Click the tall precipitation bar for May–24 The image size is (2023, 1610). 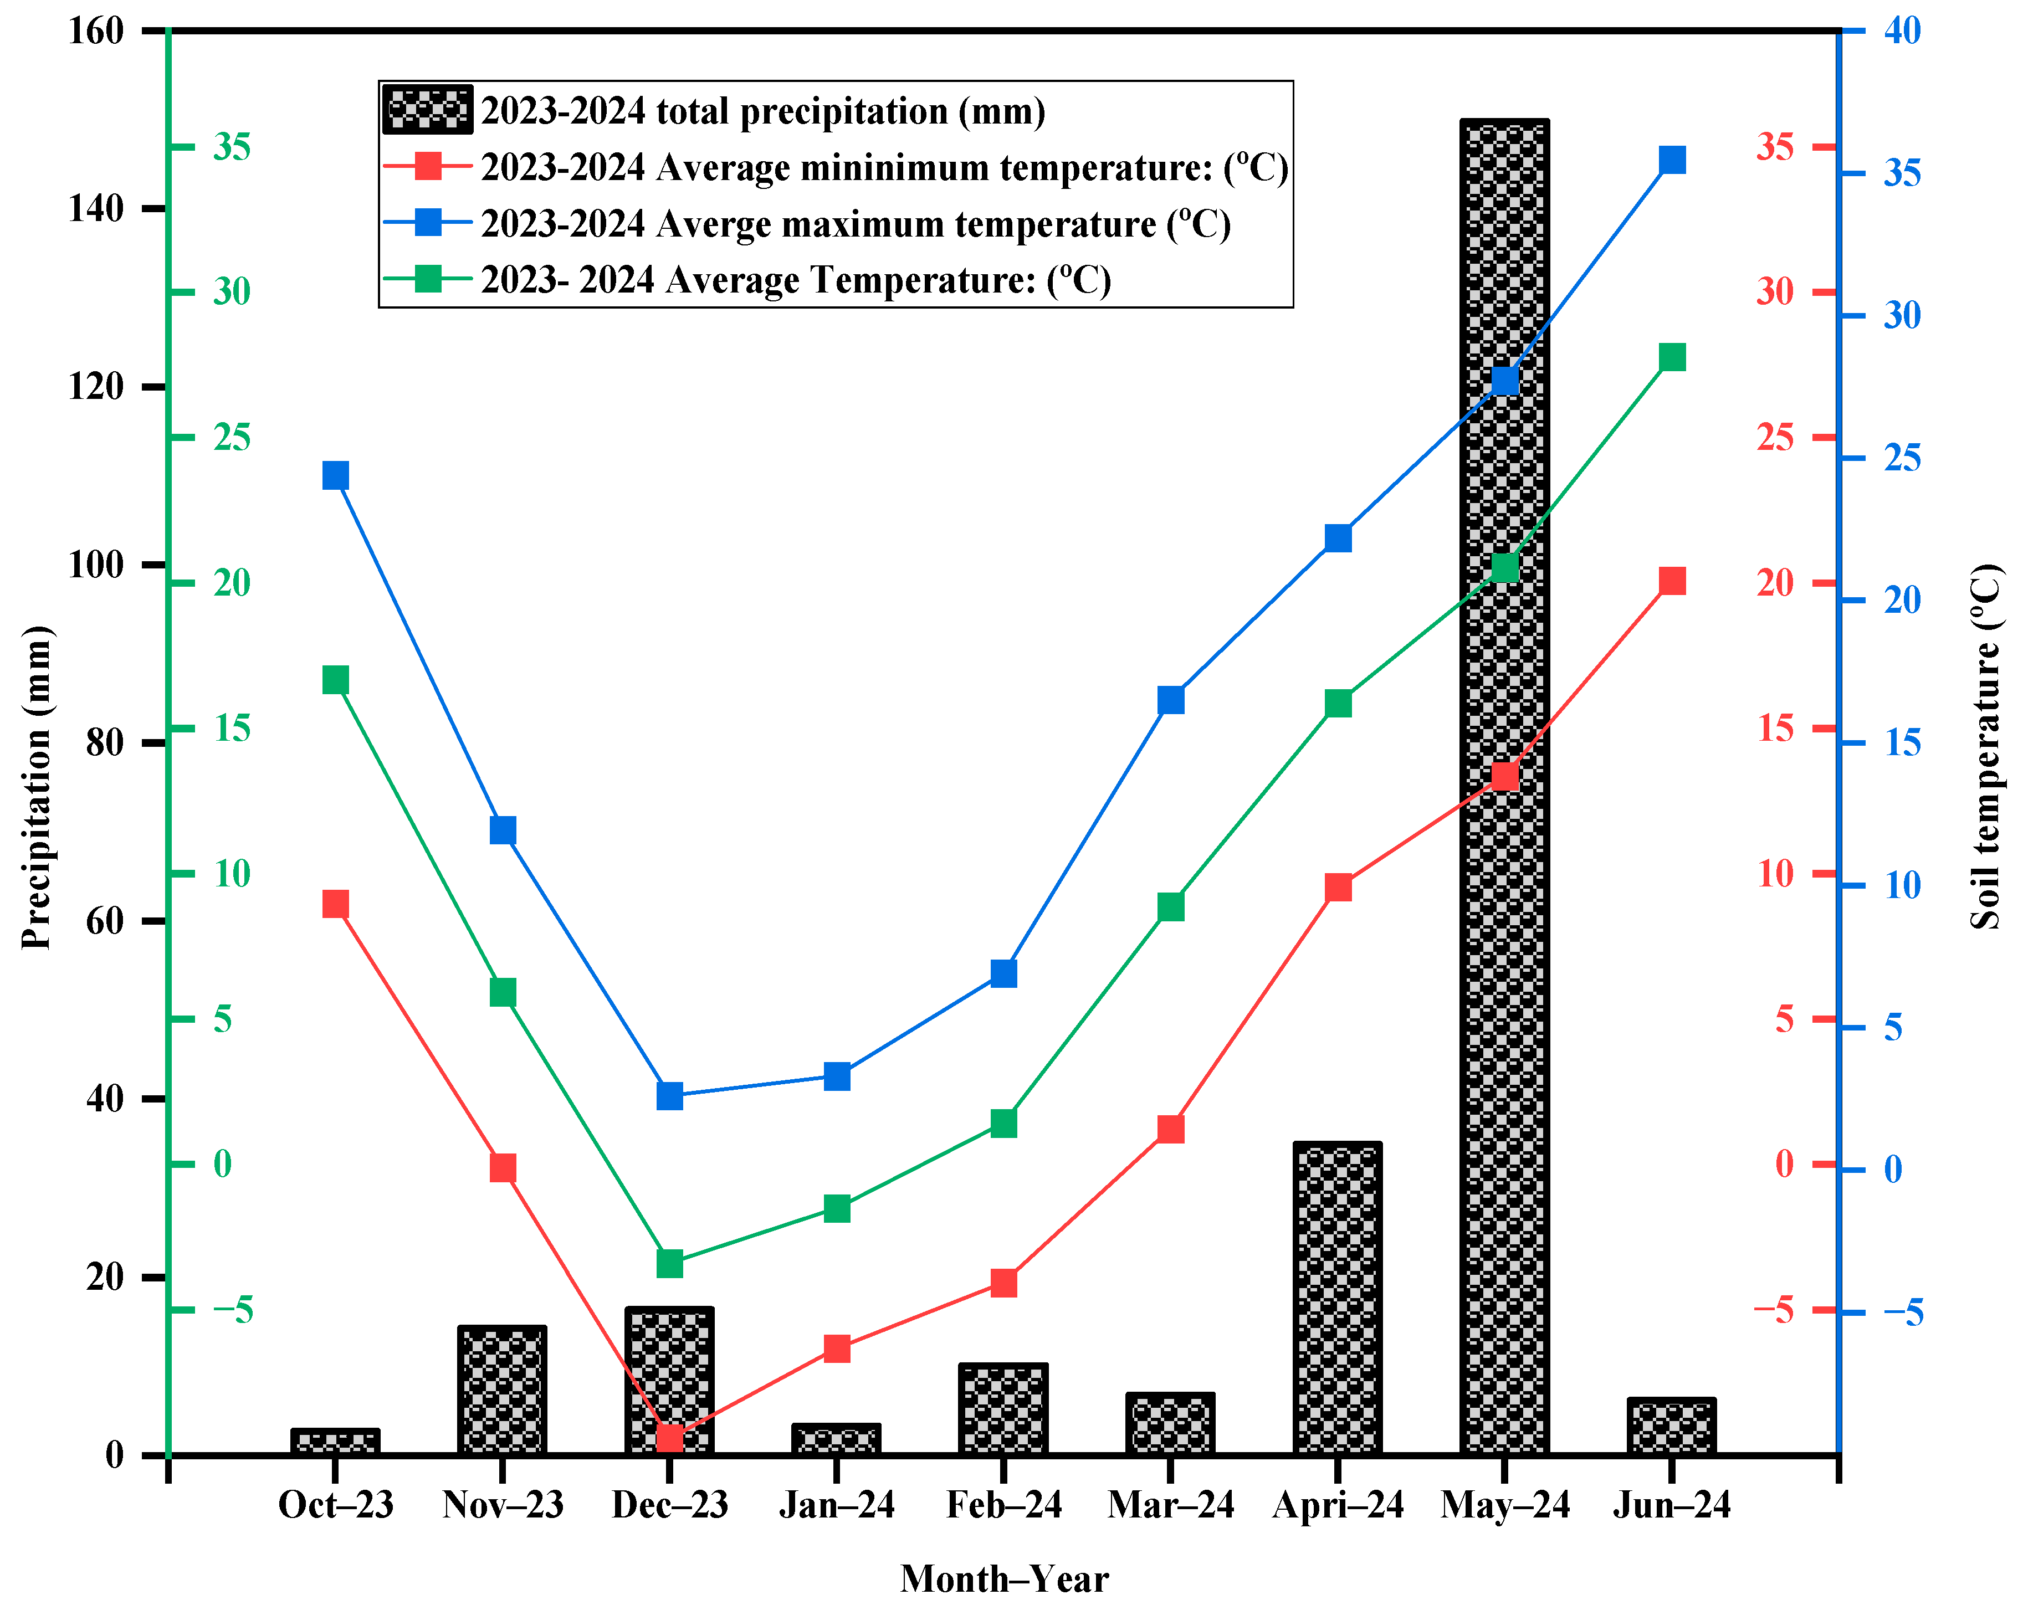[1504, 938]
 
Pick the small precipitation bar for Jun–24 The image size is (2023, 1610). [1671, 1427]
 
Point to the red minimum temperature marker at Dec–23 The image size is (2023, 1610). [669, 1437]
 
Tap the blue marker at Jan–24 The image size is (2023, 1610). [836, 1075]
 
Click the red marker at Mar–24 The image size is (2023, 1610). [1170, 1129]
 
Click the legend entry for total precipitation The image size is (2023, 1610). [762, 111]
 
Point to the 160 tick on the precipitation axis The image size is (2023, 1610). [96, 31]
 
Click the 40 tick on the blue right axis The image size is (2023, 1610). [1902, 31]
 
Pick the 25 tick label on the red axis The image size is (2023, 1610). [1774, 437]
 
